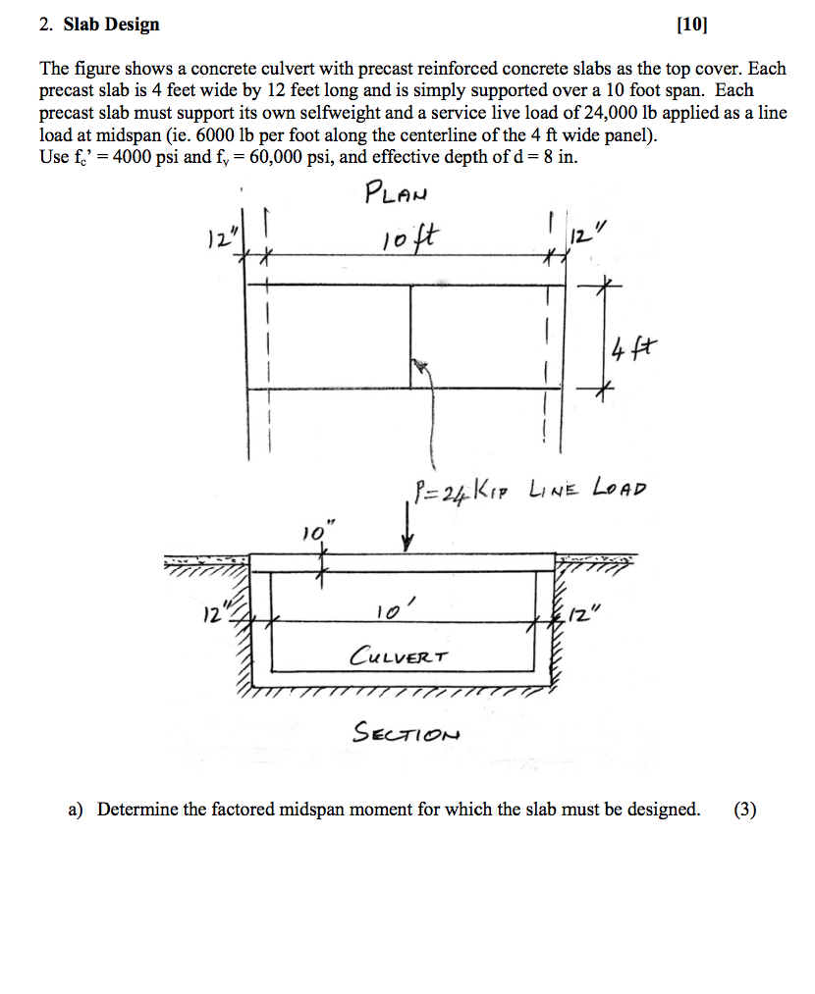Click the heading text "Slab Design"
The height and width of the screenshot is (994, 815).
pyautogui.click(x=111, y=25)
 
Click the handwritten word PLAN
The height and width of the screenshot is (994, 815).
pyautogui.click(x=395, y=191)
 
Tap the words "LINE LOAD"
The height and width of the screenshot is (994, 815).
pyautogui.click(x=587, y=488)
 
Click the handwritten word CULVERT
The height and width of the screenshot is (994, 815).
pyautogui.click(x=400, y=654)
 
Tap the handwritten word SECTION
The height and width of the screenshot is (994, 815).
pyautogui.click(x=406, y=732)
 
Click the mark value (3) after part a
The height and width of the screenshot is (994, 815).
pyautogui.click(x=745, y=810)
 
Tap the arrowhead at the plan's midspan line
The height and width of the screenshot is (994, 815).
pyautogui.click(x=420, y=366)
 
